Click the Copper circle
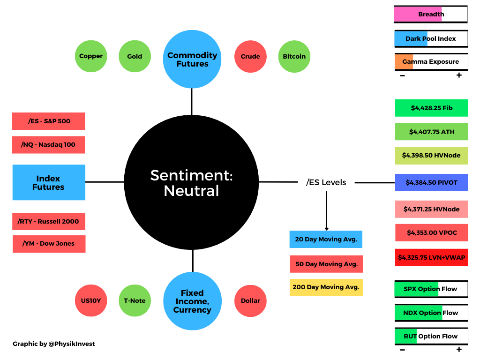point(91,56)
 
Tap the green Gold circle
point(135,56)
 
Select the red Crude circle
point(250,56)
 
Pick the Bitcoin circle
point(294,56)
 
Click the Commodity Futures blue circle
point(192,60)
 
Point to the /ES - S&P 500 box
point(49,121)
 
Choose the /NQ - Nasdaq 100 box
point(49,144)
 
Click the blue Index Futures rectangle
point(49,182)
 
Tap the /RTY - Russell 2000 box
point(49,221)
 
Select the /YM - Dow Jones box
point(49,244)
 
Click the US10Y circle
point(91,300)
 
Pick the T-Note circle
point(135,300)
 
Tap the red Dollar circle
point(250,300)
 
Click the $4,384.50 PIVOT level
point(431,182)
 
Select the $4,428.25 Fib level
point(431,108)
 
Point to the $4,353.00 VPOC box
point(431,232)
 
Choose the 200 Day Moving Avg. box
point(326,287)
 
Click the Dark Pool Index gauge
point(431,38)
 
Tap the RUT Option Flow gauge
point(431,336)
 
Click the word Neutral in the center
point(191,191)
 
